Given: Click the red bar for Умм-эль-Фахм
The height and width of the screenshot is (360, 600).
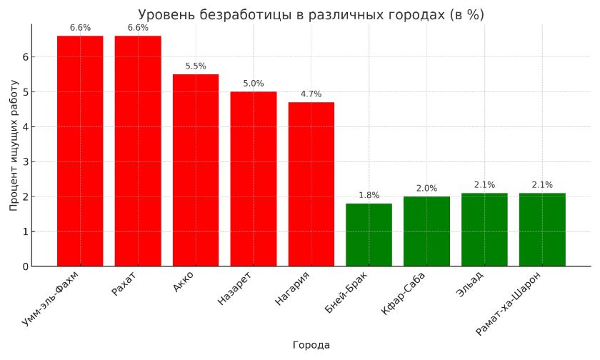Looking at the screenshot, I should (80, 151).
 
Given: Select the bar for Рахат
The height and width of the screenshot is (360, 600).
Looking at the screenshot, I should (138, 151).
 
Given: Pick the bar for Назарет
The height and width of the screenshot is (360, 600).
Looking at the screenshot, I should (254, 179).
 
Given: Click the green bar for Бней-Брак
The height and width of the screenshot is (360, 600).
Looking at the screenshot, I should (369, 235).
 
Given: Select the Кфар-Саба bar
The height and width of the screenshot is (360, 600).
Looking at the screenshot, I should (426, 231).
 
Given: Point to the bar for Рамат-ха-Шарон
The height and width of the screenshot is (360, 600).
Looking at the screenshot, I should (542, 229).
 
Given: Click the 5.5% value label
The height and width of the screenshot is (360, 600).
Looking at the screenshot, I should (196, 66).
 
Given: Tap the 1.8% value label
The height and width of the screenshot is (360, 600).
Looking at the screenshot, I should (369, 196).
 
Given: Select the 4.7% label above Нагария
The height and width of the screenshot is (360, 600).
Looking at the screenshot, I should (311, 94).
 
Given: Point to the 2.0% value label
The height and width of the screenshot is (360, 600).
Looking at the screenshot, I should (426, 189).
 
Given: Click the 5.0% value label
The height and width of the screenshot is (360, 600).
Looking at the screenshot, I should (254, 84).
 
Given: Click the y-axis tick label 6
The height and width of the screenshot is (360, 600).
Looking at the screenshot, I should (25, 57).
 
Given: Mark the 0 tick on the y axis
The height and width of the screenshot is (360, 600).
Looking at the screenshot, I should (25, 266).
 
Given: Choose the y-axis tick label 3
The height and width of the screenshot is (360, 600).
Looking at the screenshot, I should (25, 162).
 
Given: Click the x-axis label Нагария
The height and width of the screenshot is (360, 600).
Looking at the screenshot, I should (293, 289).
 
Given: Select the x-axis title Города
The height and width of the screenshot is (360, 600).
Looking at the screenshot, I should (311, 345).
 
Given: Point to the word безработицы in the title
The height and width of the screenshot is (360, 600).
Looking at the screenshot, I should (228, 15).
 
